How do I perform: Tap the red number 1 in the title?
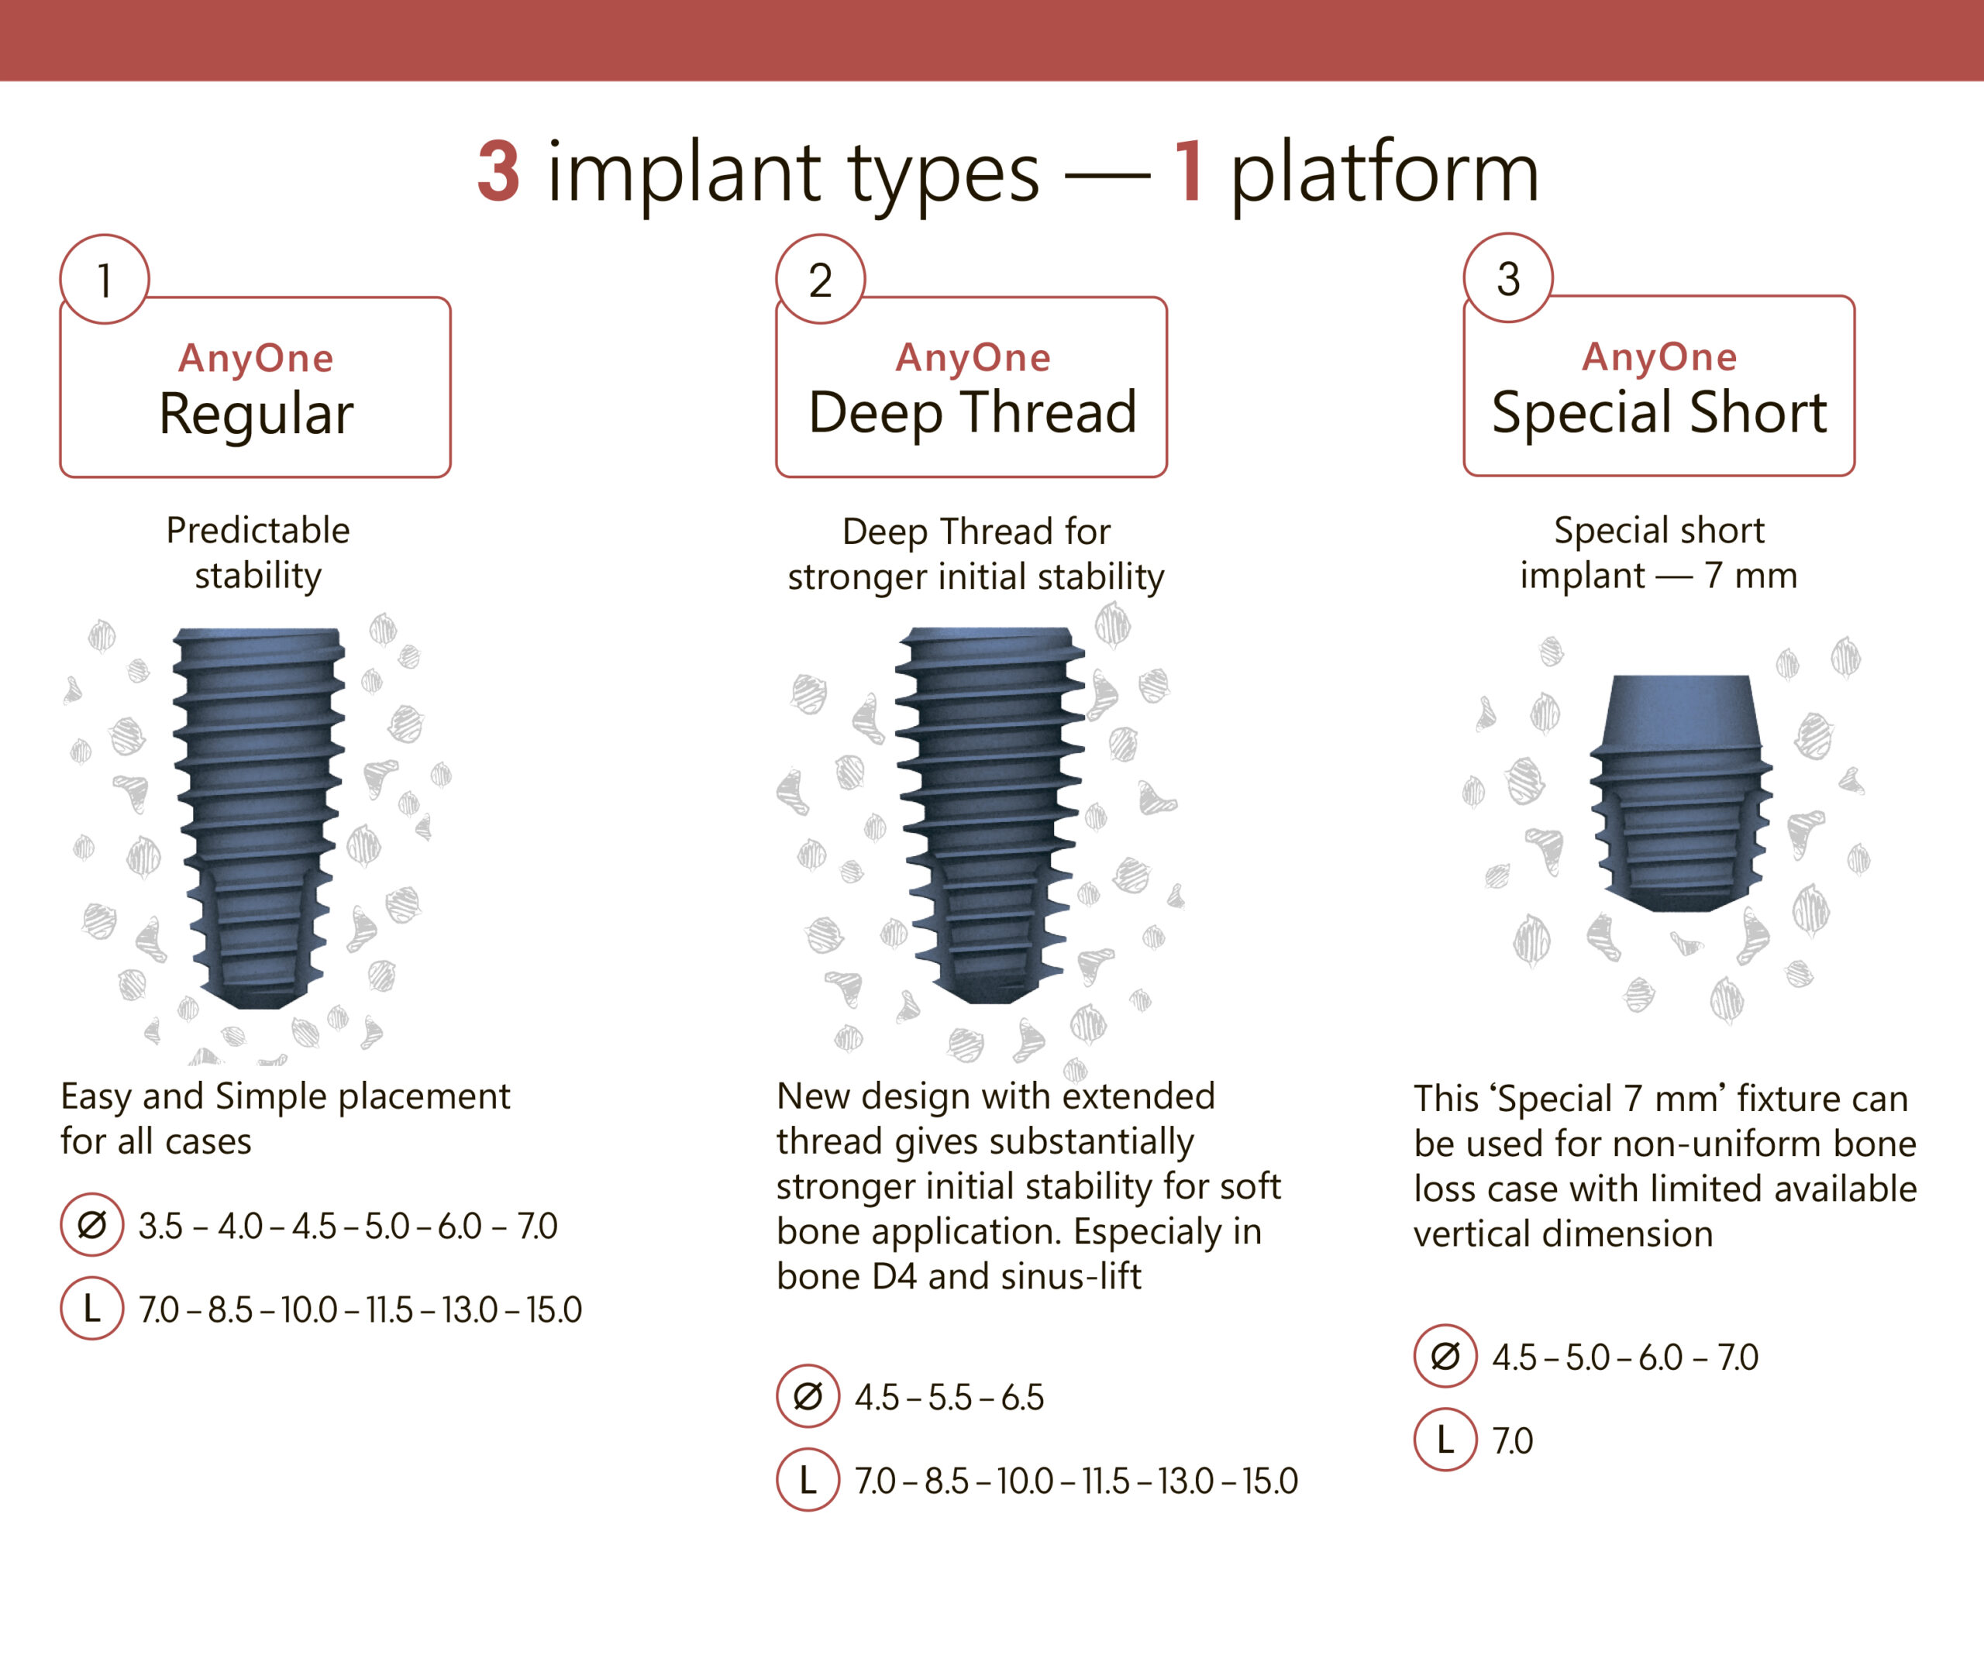[x=1189, y=172]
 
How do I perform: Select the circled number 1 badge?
[x=104, y=280]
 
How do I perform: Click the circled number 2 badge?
[x=820, y=280]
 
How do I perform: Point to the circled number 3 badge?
[x=1508, y=279]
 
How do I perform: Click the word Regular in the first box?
[x=256, y=414]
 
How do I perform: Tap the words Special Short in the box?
[x=1659, y=412]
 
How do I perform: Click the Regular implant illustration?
[x=258, y=817]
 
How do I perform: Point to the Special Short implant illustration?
[x=1681, y=793]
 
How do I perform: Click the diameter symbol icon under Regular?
[x=91, y=1225]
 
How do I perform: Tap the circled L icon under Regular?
[x=91, y=1309]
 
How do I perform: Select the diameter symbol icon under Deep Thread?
[x=808, y=1396]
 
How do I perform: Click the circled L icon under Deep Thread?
[x=808, y=1479]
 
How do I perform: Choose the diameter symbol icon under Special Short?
[x=1445, y=1357]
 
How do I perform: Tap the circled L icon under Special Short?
[x=1445, y=1440]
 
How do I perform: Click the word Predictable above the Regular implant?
[x=258, y=530]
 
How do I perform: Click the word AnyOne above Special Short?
[x=1659, y=357]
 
